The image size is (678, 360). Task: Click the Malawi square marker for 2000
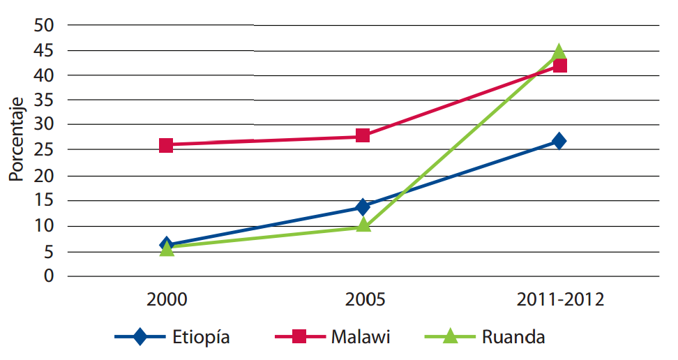166,145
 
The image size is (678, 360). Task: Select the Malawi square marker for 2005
363,135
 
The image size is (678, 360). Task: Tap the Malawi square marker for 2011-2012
559,66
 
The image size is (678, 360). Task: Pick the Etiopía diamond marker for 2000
166,244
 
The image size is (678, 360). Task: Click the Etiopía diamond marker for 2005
363,207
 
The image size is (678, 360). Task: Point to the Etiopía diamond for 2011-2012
559,141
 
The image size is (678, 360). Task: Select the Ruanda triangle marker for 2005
363,225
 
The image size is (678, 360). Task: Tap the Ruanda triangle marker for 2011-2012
559,52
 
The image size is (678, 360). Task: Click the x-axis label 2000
167,301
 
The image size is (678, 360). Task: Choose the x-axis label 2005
363,301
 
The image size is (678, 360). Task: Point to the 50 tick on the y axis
43,25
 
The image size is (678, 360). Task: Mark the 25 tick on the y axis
43,150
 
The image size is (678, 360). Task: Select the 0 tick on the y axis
49,276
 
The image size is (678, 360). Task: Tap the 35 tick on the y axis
43,100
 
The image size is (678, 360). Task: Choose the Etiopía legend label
201,338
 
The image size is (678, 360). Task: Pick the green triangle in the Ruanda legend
451,336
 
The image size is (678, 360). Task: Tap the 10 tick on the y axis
43,225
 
